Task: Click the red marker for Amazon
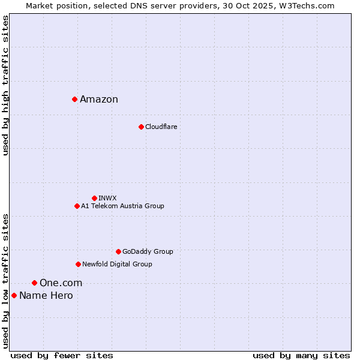point(74,99)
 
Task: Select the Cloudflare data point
point(141,127)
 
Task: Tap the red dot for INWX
point(94,198)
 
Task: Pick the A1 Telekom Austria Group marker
point(77,206)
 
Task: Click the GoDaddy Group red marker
point(118,251)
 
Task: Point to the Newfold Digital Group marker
point(78,264)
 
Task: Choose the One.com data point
point(34,283)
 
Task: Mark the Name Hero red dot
point(14,295)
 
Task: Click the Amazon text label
point(99,100)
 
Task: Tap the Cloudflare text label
point(161,127)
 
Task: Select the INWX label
point(107,198)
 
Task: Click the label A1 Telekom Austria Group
point(122,206)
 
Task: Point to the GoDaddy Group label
point(148,251)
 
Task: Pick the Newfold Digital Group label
point(117,264)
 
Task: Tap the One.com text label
point(61,283)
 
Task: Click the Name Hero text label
point(46,296)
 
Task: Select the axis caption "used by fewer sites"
point(62,355)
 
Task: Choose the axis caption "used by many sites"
point(301,355)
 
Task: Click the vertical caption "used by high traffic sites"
point(5,85)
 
